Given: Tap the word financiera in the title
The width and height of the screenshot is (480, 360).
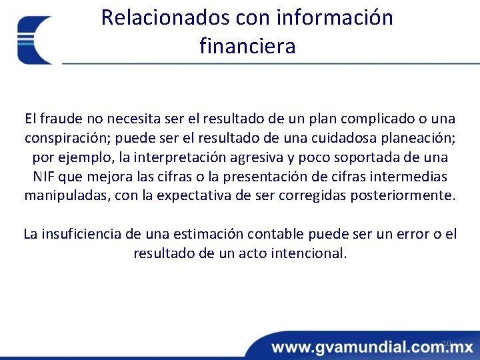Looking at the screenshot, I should [247, 46].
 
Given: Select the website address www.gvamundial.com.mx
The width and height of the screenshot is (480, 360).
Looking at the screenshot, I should [372, 347].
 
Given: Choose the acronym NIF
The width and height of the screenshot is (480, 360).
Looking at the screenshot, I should [45, 177].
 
